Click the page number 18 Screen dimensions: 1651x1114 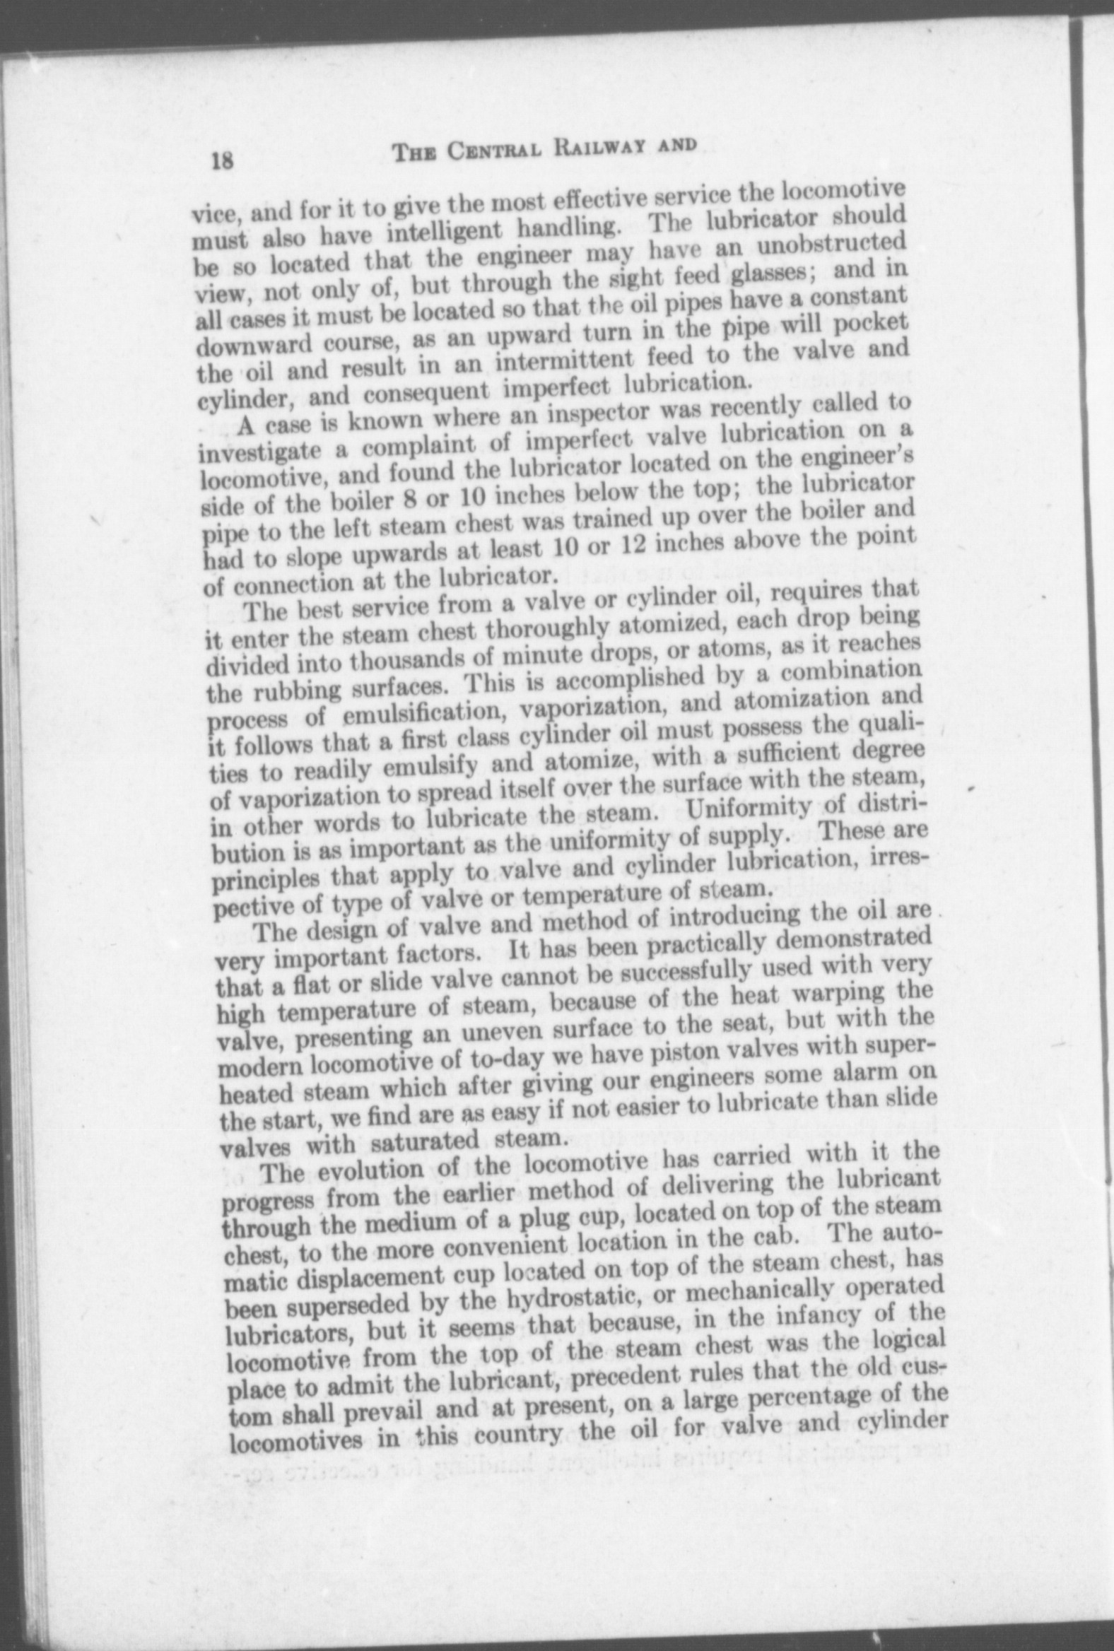(x=223, y=161)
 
